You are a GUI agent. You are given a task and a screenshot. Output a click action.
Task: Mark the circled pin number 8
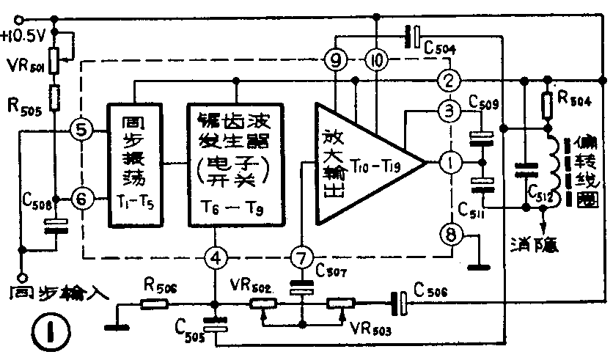point(449,235)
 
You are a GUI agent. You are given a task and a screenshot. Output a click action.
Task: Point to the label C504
point(441,48)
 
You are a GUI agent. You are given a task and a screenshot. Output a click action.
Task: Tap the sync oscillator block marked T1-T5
point(136,165)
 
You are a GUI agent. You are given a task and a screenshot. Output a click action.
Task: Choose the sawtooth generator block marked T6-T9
point(235,165)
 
